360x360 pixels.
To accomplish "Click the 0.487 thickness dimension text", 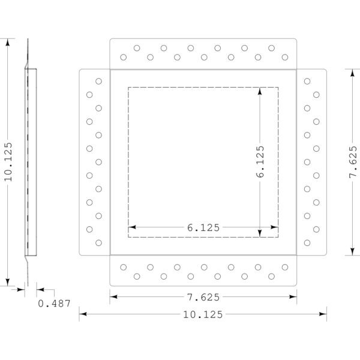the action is [54, 304].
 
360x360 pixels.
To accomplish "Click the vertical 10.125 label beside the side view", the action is [8, 162].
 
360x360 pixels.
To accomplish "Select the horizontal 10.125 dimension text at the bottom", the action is [203, 314].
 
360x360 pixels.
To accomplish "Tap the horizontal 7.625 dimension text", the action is [203, 298].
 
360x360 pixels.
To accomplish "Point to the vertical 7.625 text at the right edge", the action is [353, 162].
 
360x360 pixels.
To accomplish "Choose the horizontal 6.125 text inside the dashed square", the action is [203, 228].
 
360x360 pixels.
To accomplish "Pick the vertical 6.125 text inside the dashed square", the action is [260, 161].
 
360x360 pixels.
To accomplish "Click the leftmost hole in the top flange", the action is [123, 57].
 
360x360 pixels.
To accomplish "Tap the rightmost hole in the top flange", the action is [285, 57].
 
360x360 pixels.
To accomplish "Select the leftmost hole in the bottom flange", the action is [123, 267].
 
